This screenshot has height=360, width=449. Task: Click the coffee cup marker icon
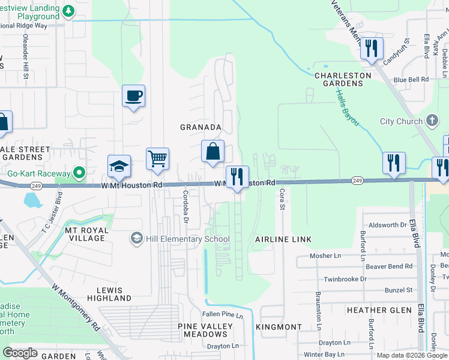click(133, 95)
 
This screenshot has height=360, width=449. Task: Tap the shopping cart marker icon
click(157, 159)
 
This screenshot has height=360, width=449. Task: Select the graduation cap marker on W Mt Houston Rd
click(119, 166)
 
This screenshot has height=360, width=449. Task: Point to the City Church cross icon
click(432, 121)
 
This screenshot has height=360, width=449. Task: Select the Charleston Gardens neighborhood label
click(339, 79)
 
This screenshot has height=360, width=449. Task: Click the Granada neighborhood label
click(201, 127)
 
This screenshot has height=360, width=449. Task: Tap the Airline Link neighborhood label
click(283, 239)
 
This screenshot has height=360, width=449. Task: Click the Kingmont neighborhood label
click(279, 327)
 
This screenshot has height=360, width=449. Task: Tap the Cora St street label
click(281, 199)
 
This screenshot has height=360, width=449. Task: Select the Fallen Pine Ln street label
click(222, 315)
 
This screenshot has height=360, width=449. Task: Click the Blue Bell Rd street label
click(411, 79)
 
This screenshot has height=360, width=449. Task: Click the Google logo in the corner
click(20, 353)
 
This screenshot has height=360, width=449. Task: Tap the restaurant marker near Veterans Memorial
click(372, 48)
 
